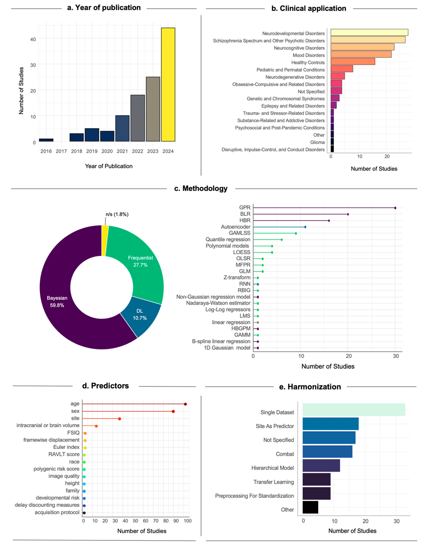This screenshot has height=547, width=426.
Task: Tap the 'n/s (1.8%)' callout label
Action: [117, 214]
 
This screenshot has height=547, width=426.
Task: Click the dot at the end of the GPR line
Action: [395, 208]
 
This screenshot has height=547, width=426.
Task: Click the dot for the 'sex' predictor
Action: [173, 412]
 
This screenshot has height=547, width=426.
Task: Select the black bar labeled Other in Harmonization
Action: [310, 507]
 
